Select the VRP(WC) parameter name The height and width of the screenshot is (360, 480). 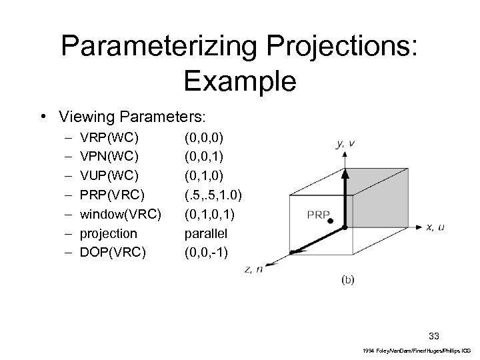[109, 138]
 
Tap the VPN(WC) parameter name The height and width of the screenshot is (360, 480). [109, 157]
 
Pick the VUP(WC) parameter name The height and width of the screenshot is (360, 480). [109, 176]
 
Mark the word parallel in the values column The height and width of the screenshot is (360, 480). [208, 233]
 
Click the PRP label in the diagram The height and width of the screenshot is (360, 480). [318, 215]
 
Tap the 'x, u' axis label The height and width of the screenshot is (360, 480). [435, 227]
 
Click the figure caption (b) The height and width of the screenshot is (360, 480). [348, 279]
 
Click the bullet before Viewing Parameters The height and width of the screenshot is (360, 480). [43, 117]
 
